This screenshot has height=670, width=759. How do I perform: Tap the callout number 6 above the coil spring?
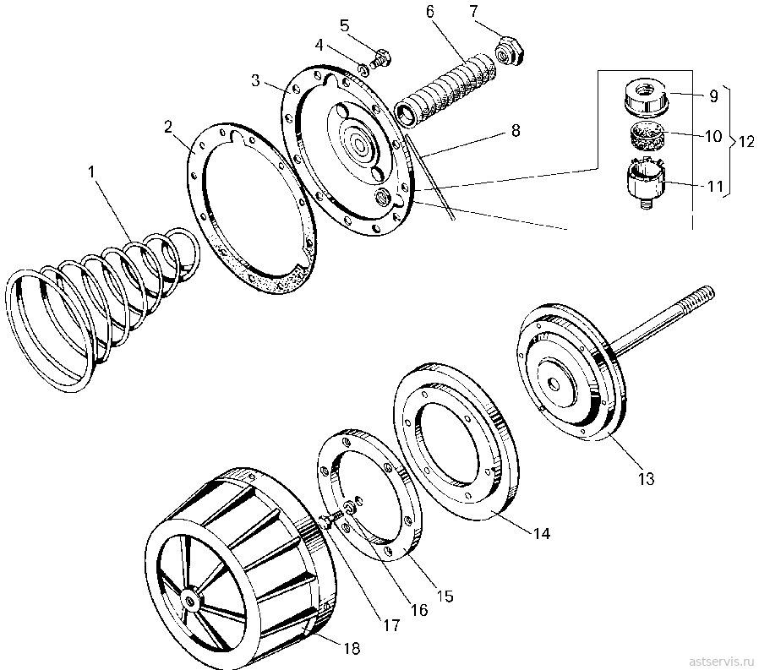430,12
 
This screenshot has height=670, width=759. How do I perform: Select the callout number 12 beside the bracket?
745,141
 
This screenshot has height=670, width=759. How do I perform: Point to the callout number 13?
647,478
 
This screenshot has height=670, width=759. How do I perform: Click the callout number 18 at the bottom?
352,648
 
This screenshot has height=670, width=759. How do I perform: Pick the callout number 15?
445,596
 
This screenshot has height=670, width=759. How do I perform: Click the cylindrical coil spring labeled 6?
447,91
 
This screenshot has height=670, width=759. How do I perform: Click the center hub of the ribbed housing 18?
188,602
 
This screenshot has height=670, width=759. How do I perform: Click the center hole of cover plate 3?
361,144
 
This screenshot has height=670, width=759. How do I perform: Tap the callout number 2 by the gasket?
168,128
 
